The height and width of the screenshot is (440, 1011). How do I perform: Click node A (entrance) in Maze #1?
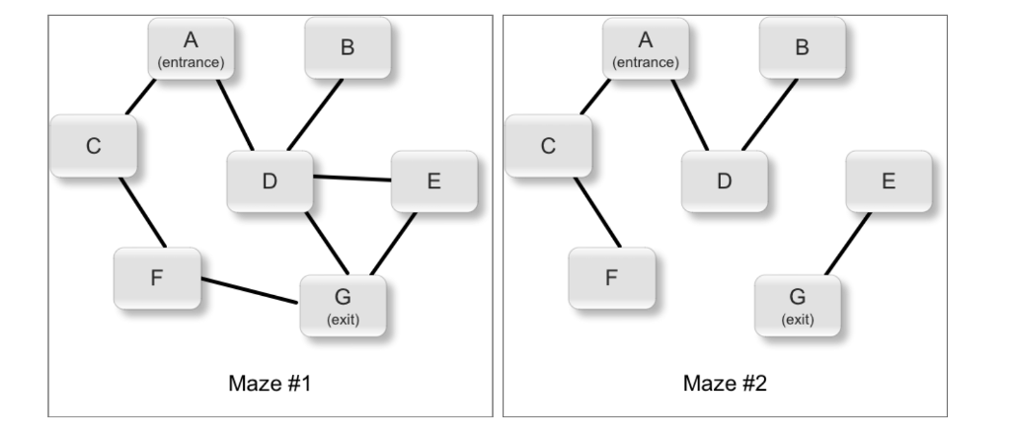[191, 48]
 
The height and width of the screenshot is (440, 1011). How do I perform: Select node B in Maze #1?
[347, 48]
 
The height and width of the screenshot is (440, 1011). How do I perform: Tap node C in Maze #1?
[94, 146]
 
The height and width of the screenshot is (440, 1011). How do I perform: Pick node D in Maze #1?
[270, 183]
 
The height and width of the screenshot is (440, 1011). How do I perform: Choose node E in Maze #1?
[434, 183]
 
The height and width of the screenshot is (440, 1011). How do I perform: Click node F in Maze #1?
[156, 277]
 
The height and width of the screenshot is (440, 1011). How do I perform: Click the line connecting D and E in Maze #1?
[352, 179]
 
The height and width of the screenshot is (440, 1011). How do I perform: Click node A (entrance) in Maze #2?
[646, 48]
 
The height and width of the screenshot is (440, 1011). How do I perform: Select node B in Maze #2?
[802, 48]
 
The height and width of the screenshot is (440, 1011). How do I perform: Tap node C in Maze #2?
[548, 146]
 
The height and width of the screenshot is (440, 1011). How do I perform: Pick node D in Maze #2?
[724, 183]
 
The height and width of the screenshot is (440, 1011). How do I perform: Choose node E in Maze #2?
[889, 183]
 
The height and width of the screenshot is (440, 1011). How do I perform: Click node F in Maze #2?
[610, 277]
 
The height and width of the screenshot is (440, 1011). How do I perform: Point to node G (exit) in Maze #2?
[797, 304]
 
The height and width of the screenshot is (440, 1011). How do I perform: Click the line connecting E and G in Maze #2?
[847, 244]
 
